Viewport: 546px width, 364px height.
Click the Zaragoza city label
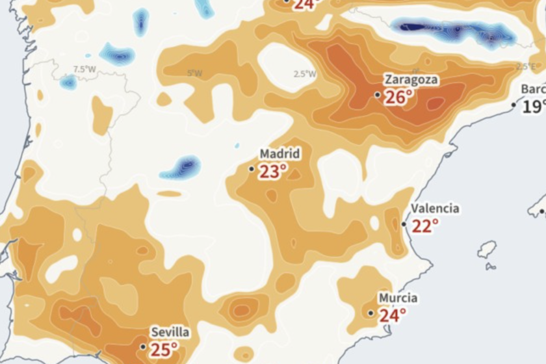tap(411, 80)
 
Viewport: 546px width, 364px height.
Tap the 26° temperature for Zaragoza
tap(398, 97)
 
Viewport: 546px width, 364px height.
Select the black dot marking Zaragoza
tap(378, 95)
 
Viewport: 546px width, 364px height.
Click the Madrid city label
tap(280, 154)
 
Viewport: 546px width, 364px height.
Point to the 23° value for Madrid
tap(273, 172)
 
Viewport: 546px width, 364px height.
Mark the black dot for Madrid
tap(252, 169)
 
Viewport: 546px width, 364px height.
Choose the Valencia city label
tap(435, 209)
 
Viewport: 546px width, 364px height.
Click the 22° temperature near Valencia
tap(425, 226)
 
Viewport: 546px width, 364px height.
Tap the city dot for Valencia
tap(404, 224)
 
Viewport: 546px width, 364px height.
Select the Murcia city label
tap(398, 298)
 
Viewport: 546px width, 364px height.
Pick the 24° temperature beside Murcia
tap(392, 315)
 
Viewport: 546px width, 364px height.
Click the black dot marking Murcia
tap(371, 313)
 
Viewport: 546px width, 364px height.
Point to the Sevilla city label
tap(170, 333)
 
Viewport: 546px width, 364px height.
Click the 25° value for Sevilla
tap(164, 350)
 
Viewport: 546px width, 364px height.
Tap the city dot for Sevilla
tap(144, 347)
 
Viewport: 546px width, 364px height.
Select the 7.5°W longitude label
tap(84, 70)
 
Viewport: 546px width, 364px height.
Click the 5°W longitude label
tap(194, 73)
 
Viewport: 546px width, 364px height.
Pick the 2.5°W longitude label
tap(304, 74)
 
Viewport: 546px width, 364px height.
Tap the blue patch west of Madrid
tap(180, 168)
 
